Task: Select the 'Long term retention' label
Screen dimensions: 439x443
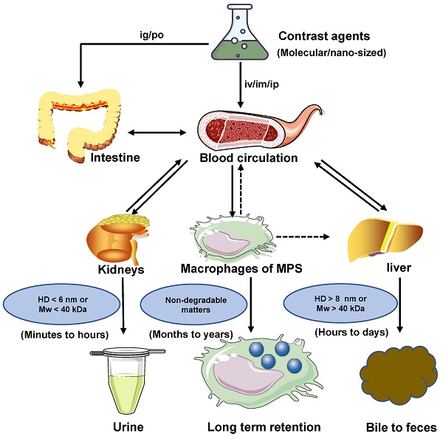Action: pos(264,426)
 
